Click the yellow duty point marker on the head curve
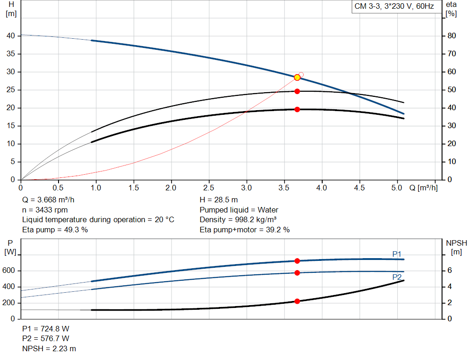pos(297,77)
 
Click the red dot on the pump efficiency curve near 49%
pos(297,91)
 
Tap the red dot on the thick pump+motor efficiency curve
pos(297,109)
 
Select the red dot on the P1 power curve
pos(297,261)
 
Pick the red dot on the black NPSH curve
pos(297,301)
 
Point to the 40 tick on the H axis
pos(11,36)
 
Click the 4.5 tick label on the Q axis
pos(360,188)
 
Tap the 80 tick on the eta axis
pos(452,36)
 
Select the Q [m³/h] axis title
pos(423,188)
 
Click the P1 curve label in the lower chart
pos(396,254)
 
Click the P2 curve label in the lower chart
pos(396,277)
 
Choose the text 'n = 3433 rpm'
pos(45,210)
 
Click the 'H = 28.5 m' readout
pos(218,200)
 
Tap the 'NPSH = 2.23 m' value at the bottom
pos(49,348)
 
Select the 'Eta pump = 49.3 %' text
pos(55,229)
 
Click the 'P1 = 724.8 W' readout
pos(46,329)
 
